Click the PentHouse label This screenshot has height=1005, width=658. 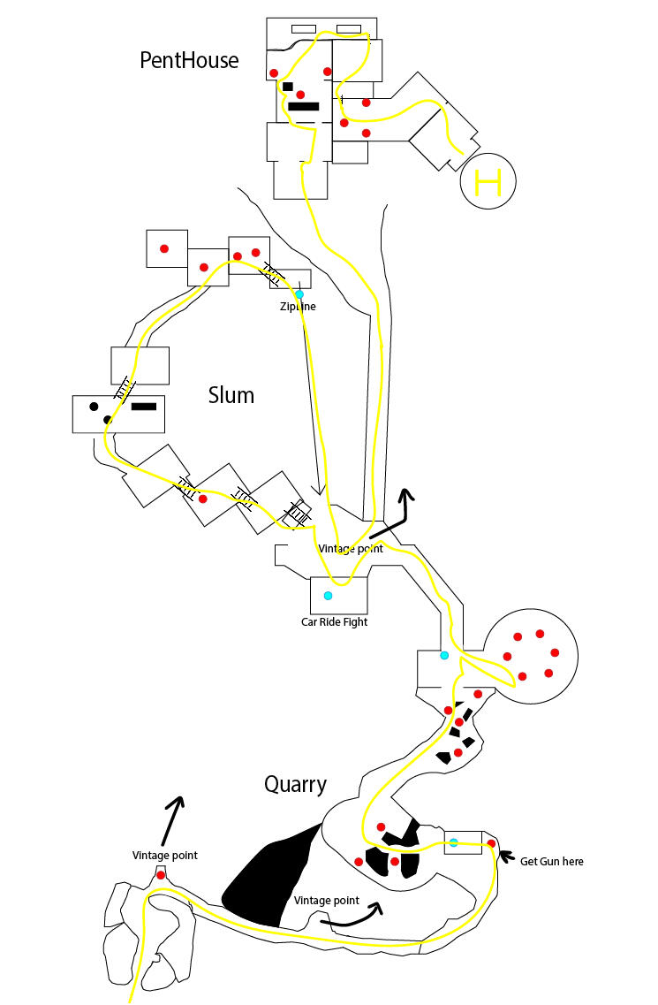(x=189, y=61)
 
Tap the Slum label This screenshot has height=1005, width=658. (x=231, y=395)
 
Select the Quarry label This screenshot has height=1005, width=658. (x=295, y=784)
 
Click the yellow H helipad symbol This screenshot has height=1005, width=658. (x=488, y=183)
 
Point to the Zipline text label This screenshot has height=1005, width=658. (x=297, y=307)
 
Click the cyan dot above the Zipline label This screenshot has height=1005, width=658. (x=299, y=294)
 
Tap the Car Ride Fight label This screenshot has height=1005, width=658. (x=334, y=621)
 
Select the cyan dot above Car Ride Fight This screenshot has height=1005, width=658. (x=329, y=596)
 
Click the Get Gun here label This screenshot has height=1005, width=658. (x=551, y=862)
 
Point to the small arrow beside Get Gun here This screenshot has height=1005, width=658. (x=507, y=856)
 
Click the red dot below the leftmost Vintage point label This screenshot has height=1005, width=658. (x=161, y=875)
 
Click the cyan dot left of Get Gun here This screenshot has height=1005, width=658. (x=454, y=842)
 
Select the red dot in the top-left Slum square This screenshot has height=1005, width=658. (x=164, y=249)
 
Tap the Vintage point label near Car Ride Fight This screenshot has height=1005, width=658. (x=351, y=549)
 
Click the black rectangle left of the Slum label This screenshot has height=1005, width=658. (x=144, y=407)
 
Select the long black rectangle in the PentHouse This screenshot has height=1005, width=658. (x=303, y=107)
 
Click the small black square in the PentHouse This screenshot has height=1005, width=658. (x=288, y=86)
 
